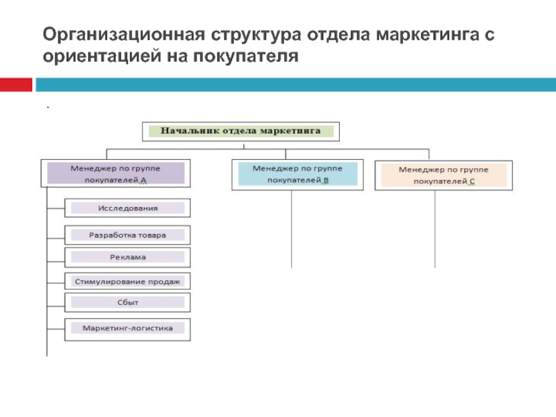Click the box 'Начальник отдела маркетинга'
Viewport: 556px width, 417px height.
[240, 130]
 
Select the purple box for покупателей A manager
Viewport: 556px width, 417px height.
[115, 174]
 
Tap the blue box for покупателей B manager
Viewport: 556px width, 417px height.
[297, 174]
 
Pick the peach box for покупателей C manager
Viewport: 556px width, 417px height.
[443, 175]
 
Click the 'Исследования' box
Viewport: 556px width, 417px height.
[128, 208]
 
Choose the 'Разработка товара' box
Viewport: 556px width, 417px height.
[128, 235]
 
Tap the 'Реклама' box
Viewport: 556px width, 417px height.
[128, 257]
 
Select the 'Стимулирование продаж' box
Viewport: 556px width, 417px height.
[128, 281]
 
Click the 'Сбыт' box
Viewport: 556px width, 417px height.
[128, 302]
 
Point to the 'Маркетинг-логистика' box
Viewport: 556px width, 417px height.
[128, 327]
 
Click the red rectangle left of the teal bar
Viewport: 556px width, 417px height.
[16, 84]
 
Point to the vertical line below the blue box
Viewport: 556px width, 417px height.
[292, 229]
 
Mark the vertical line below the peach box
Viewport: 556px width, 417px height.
[435, 229]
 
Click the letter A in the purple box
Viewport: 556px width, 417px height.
[143, 180]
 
